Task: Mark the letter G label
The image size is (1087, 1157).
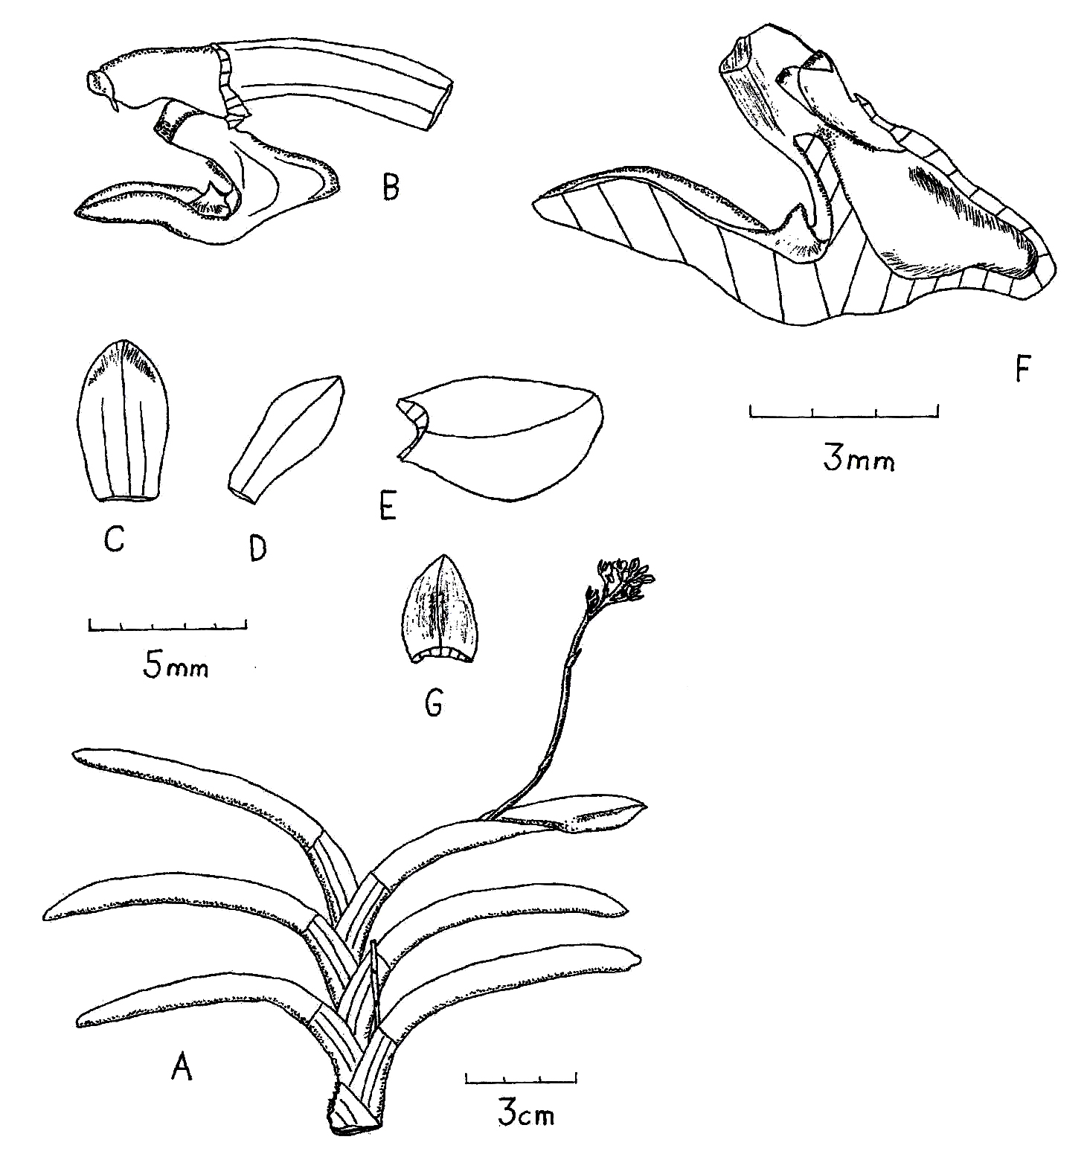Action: pyautogui.click(x=432, y=701)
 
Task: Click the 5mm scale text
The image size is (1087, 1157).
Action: pyautogui.click(x=176, y=667)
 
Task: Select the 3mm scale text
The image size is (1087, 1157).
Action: pyautogui.click(x=859, y=460)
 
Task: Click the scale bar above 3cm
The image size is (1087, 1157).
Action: pyautogui.click(x=521, y=1078)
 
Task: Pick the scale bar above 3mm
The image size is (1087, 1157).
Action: pyautogui.click(x=844, y=411)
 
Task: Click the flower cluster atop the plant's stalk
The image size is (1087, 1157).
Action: pyautogui.click(x=620, y=584)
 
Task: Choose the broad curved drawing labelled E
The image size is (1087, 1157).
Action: pyautogui.click(x=500, y=438)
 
